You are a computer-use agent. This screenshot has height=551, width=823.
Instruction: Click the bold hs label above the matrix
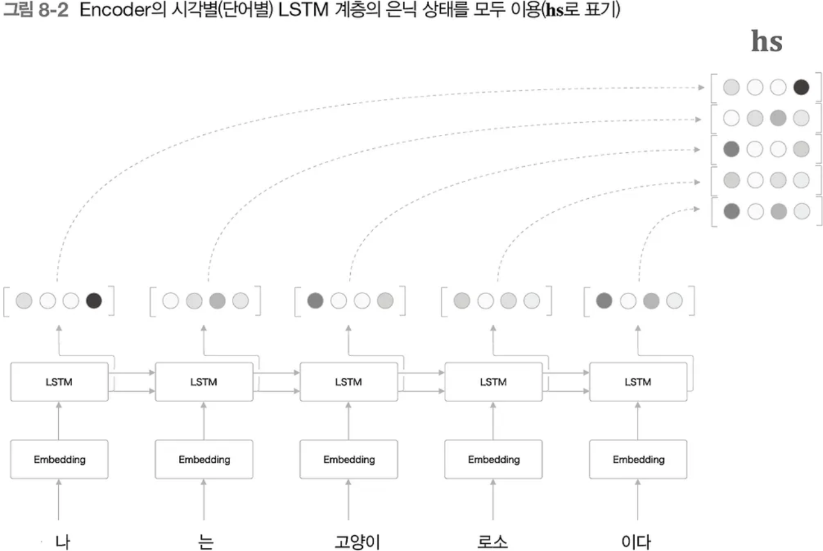[x=767, y=42]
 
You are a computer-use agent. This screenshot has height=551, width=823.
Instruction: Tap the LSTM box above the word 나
[x=59, y=382]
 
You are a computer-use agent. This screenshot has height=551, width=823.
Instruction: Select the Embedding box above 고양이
[x=349, y=460]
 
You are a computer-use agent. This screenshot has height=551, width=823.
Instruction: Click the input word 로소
[x=493, y=541]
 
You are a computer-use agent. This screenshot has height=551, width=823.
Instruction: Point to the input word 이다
[x=636, y=541]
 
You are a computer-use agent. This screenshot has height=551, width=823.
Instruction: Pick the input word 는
[x=204, y=541]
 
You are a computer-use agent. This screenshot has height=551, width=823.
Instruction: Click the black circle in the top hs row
[x=801, y=88]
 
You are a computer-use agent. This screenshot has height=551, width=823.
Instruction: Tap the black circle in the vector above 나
[x=94, y=300]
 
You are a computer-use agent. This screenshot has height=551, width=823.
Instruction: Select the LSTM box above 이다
[x=638, y=382]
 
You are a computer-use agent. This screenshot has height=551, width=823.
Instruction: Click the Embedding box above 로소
[x=493, y=460]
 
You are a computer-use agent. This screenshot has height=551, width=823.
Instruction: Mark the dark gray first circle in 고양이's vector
[x=315, y=300]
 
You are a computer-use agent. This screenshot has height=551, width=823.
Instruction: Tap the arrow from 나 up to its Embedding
[x=59, y=503]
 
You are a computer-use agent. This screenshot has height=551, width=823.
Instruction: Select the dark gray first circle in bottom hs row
[x=732, y=211]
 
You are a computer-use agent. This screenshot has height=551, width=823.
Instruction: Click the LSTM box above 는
[x=204, y=382]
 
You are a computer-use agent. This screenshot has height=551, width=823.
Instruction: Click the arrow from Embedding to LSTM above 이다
[x=638, y=422]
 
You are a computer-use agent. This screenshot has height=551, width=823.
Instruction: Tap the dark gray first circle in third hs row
[x=732, y=150]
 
